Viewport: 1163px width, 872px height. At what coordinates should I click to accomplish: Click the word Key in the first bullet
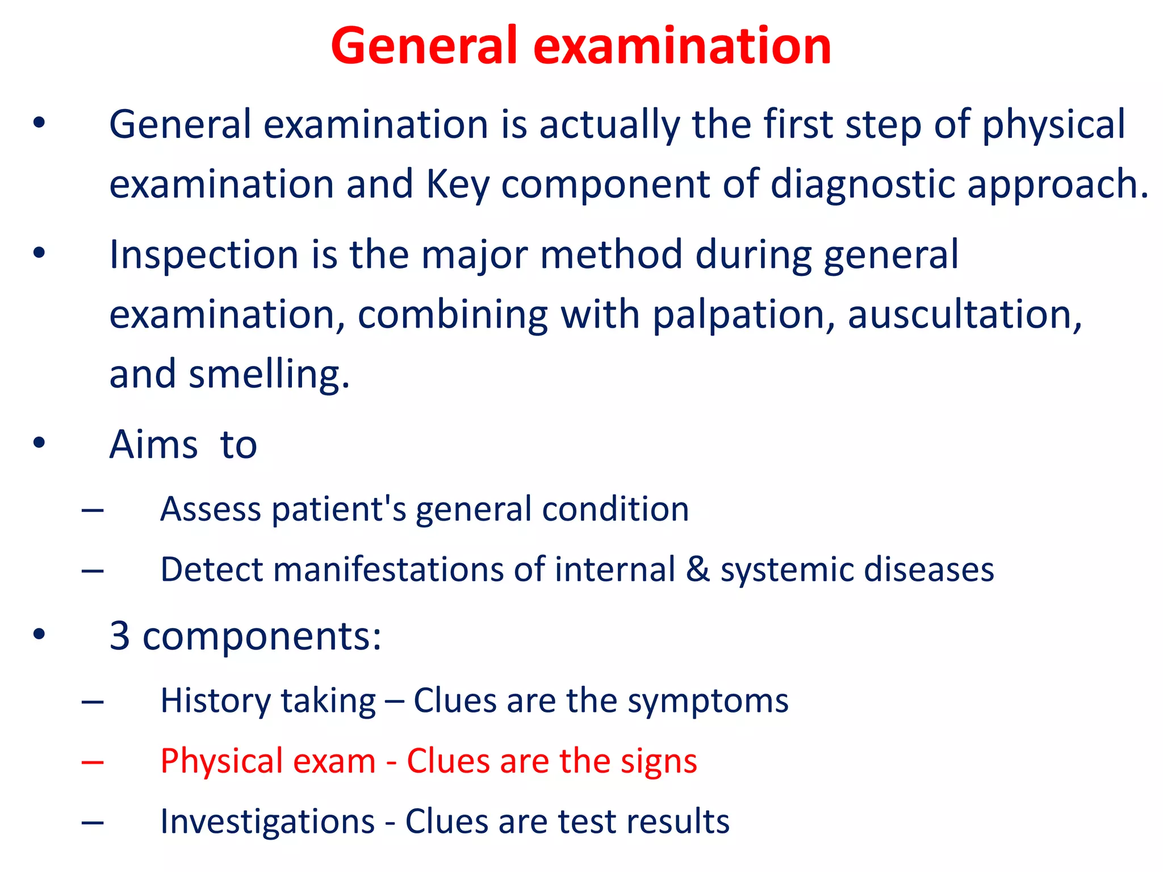[457, 185]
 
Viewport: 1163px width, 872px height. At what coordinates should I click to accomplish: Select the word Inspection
[203, 255]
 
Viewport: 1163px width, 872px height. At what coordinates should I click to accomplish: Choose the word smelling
[269, 375]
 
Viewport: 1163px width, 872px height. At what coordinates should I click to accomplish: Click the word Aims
[153, 445]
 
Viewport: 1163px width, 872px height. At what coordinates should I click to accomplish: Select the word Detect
[211, 569]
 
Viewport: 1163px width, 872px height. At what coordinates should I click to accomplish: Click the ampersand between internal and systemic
[698, 569]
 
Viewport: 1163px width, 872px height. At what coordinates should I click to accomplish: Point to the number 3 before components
[120, 636]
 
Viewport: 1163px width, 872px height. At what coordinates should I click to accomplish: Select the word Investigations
[267, 822]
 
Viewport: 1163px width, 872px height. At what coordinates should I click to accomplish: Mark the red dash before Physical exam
[93, 762]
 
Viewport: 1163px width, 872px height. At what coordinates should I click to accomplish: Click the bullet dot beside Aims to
[39, 442]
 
